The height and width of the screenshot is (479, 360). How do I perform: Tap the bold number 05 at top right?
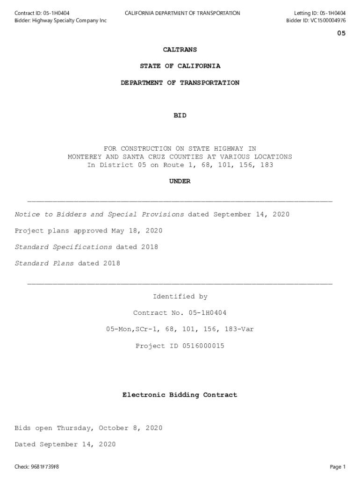pos(341,33)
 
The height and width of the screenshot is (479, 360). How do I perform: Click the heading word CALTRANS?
pos(180,50)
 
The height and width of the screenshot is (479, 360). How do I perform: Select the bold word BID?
pos(180,116)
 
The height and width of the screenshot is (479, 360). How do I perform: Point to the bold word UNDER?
pos(180,181)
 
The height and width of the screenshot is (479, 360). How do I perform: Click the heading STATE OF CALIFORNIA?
pos(180,66)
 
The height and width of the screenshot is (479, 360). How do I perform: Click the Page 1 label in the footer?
pos(338,467)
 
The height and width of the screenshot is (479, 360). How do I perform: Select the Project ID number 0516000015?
pos(199,346)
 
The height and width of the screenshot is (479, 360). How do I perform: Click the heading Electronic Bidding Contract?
pos(180,395)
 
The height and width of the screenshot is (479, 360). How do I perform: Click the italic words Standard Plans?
pos(44,264)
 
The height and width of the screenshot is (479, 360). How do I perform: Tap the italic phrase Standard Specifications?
pos(63,247)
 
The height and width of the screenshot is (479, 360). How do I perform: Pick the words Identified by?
pos(180,297)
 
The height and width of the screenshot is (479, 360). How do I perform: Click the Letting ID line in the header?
pos(320,13)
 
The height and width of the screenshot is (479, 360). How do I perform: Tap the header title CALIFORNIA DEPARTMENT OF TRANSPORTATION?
pos(182,13)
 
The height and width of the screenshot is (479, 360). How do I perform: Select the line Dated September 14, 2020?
pos(65,445)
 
